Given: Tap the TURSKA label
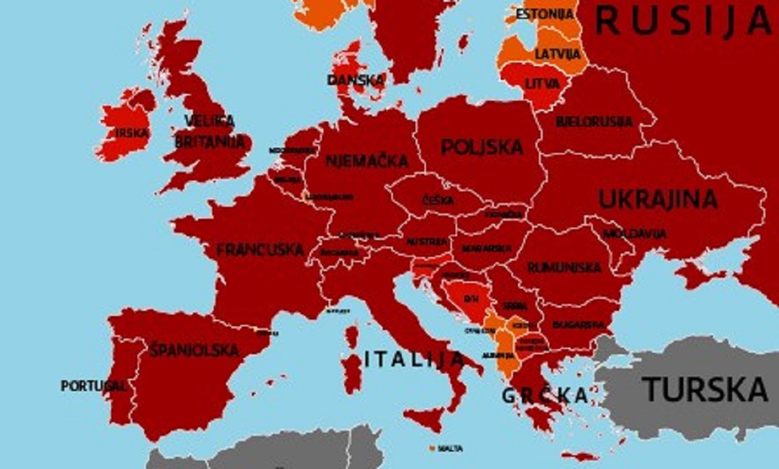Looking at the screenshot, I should tap(705, 389).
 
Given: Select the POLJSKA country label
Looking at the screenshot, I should tap(482, 147).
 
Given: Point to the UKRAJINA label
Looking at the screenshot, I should tap(658, 199).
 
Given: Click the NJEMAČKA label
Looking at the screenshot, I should tap(367, 160).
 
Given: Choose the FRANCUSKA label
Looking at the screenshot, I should tap(260, 250).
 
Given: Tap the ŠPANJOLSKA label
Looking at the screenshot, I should tap(194, 350).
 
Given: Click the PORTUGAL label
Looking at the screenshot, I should tap(93, 386).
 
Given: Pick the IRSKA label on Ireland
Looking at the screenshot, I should tap(132, 133).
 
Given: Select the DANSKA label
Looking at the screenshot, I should tap(356, 80).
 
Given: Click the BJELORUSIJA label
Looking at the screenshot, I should tap(594, 121).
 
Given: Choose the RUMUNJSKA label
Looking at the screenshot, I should tap(563, 267).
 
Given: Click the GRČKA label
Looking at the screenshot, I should tap(545, 394).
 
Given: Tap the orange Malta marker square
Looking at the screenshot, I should tap(432, 448).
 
